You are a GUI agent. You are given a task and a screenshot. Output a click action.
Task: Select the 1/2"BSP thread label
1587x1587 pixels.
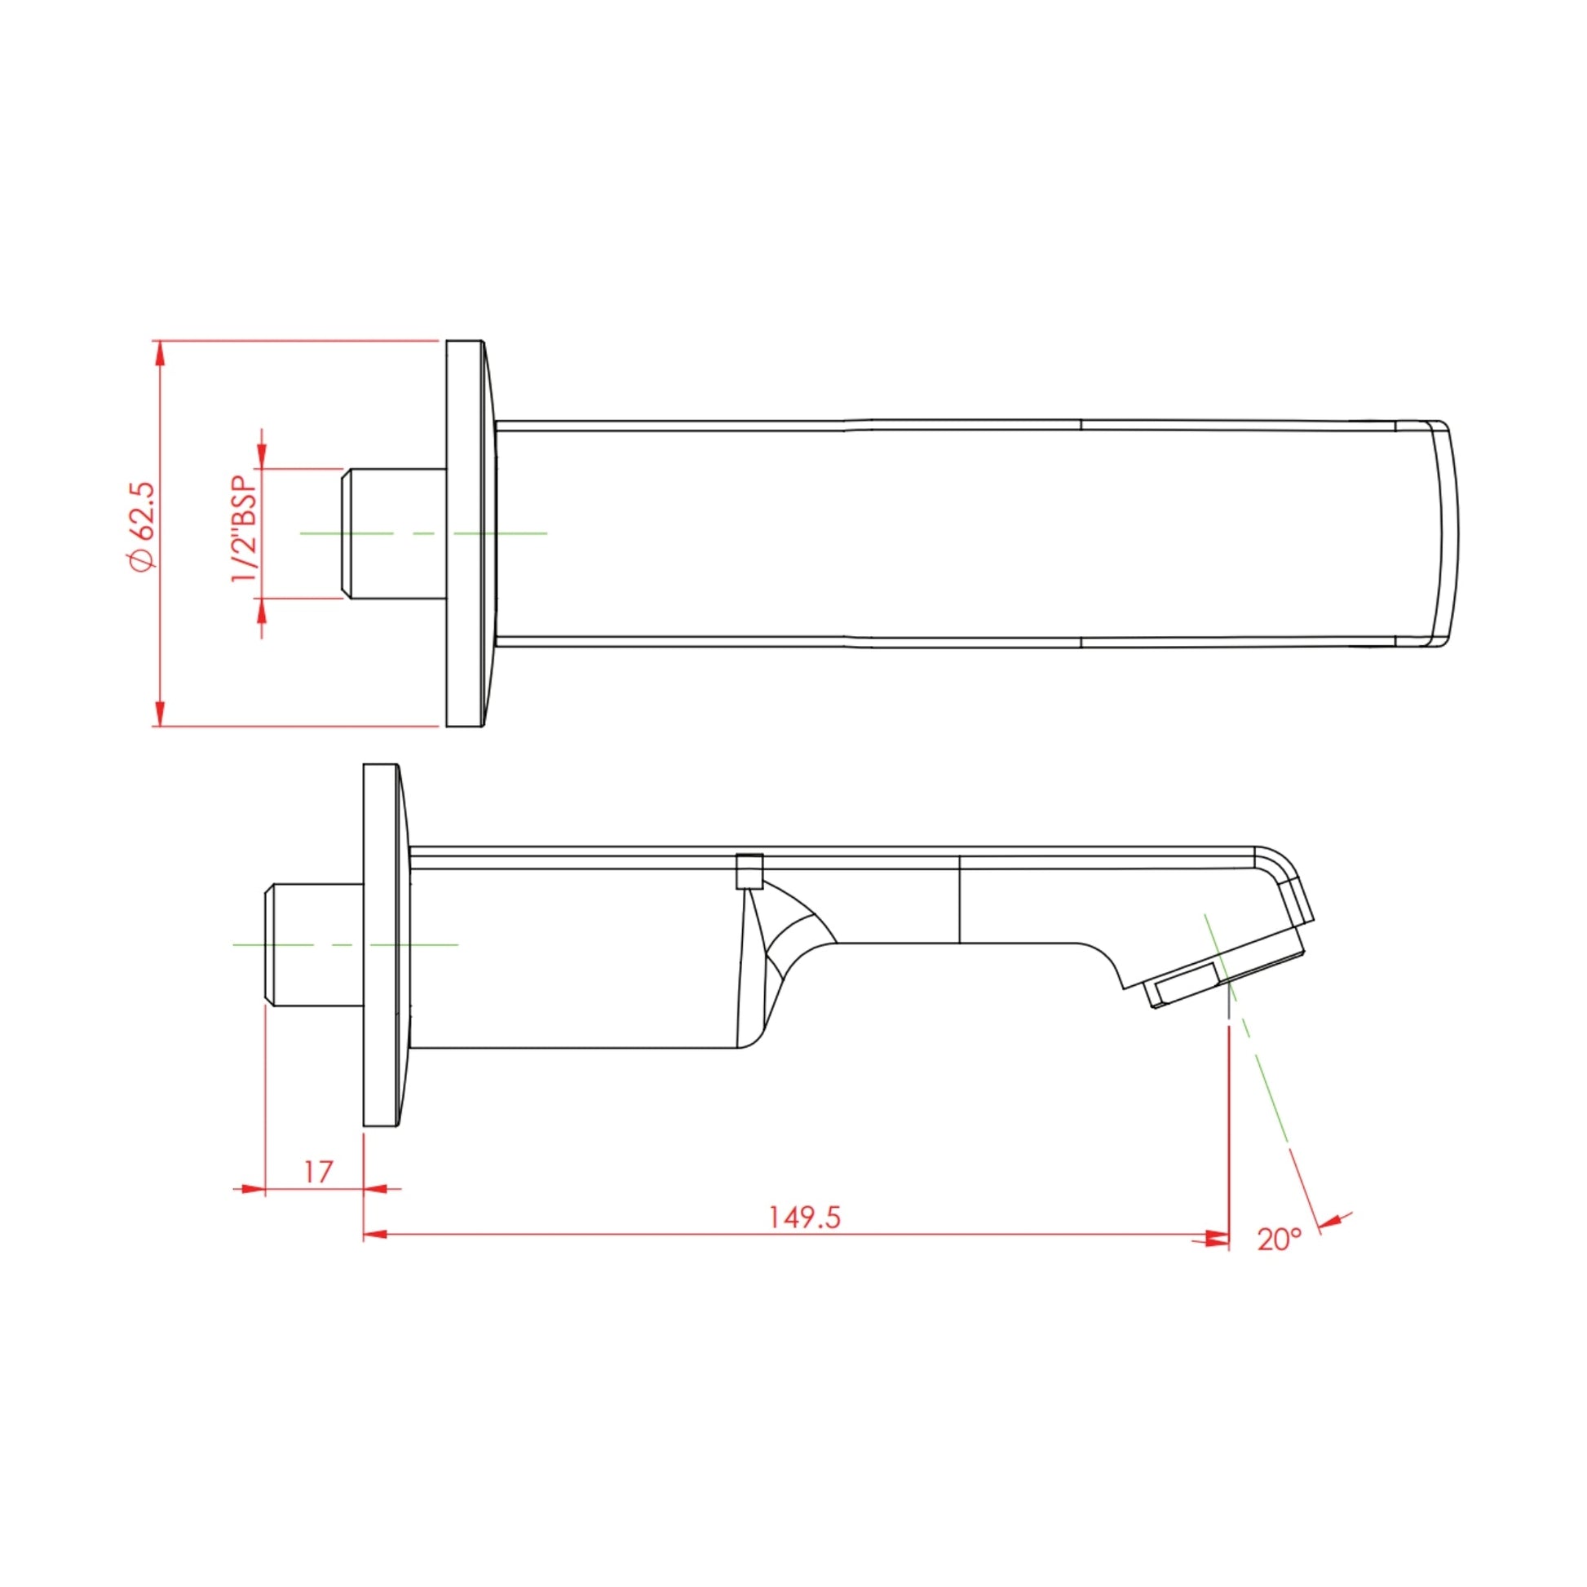tap(244, 529)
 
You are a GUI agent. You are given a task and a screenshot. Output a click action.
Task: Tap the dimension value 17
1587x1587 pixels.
tap(317, 1172)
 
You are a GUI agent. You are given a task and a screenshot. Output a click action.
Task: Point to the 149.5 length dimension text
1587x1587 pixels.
tap(805, 1218)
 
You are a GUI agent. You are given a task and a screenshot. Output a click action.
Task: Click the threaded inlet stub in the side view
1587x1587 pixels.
tap(313, 944)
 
